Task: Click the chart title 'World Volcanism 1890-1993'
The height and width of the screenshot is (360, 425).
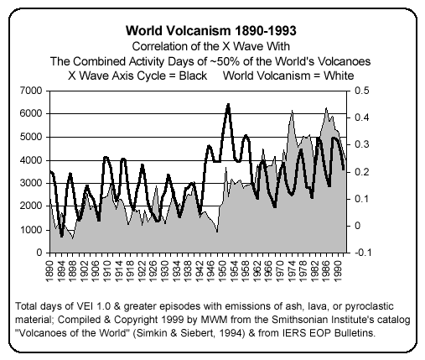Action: (211, 31)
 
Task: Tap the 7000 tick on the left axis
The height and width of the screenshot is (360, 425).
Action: (31, 90)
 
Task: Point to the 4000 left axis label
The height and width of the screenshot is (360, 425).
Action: (31, 159)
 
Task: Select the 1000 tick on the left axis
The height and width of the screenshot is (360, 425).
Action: (31, 229)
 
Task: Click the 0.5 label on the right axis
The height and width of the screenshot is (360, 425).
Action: (367, 90)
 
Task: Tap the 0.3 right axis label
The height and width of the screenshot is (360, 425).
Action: (367, 144)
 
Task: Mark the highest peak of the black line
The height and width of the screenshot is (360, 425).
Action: (228, 105)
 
